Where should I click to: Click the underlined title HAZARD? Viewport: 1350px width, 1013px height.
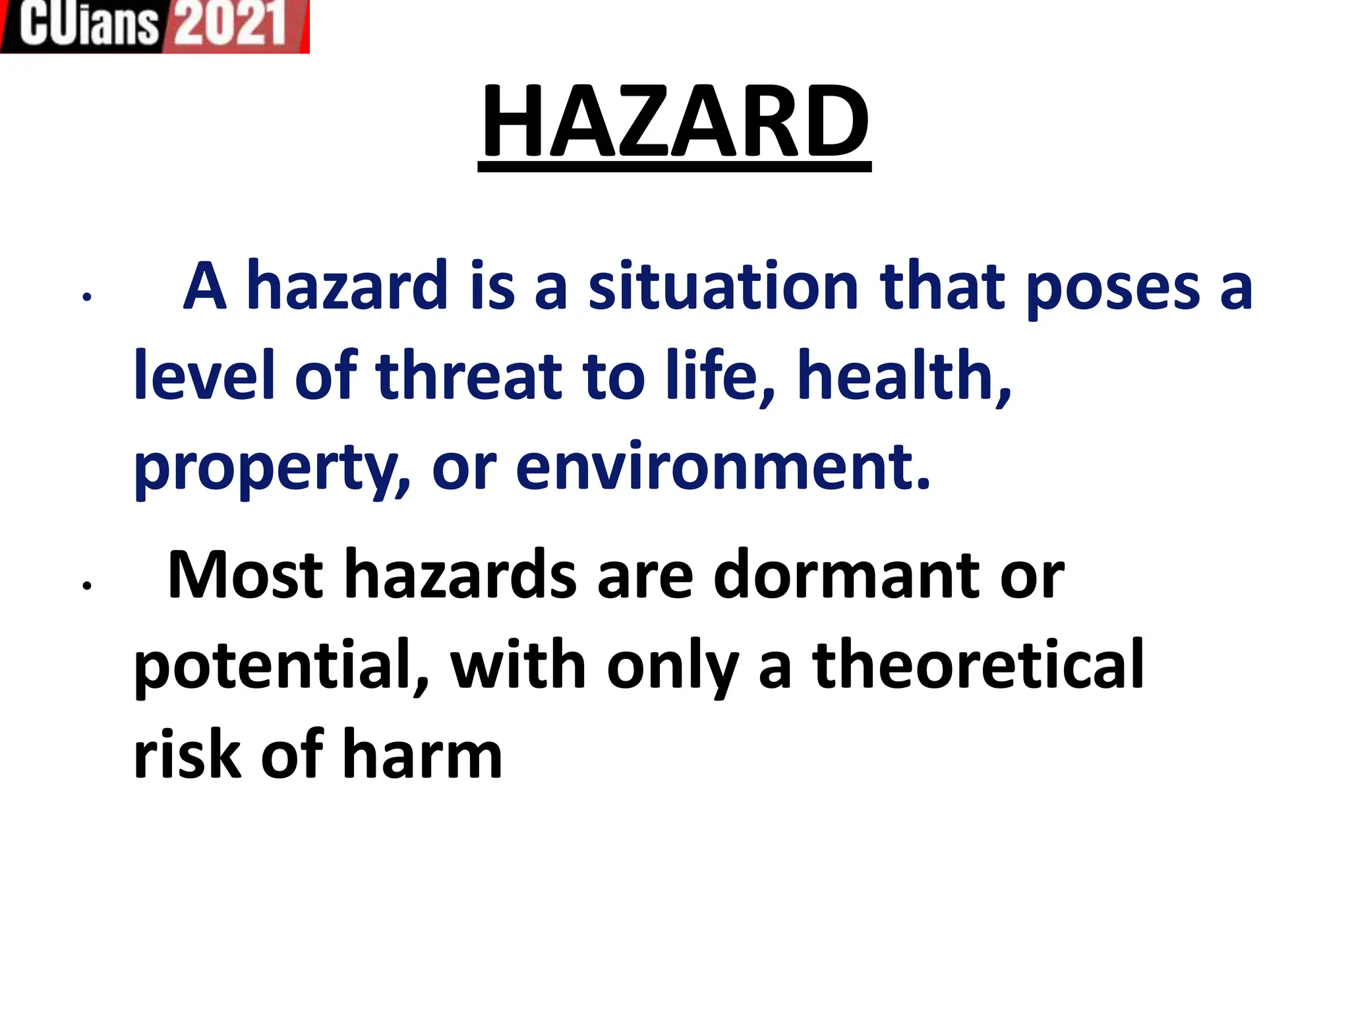[674, 123]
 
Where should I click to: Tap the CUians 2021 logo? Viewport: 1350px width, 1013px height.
[154, 26]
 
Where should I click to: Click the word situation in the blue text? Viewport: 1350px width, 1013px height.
[723, 287]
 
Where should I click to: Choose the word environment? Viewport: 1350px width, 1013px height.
[722, 467]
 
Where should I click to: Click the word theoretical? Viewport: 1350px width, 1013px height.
[978, 665]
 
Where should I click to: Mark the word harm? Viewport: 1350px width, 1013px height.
[423, 754]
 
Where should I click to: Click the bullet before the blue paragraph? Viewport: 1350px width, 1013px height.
[86, 297]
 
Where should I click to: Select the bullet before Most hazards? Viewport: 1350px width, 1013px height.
[86, 585]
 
